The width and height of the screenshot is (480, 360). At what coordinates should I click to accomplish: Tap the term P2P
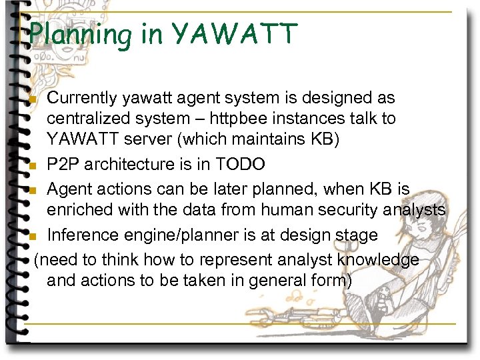click(x=63, y=165)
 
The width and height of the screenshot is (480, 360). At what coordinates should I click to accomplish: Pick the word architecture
click(x=133, y=165)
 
